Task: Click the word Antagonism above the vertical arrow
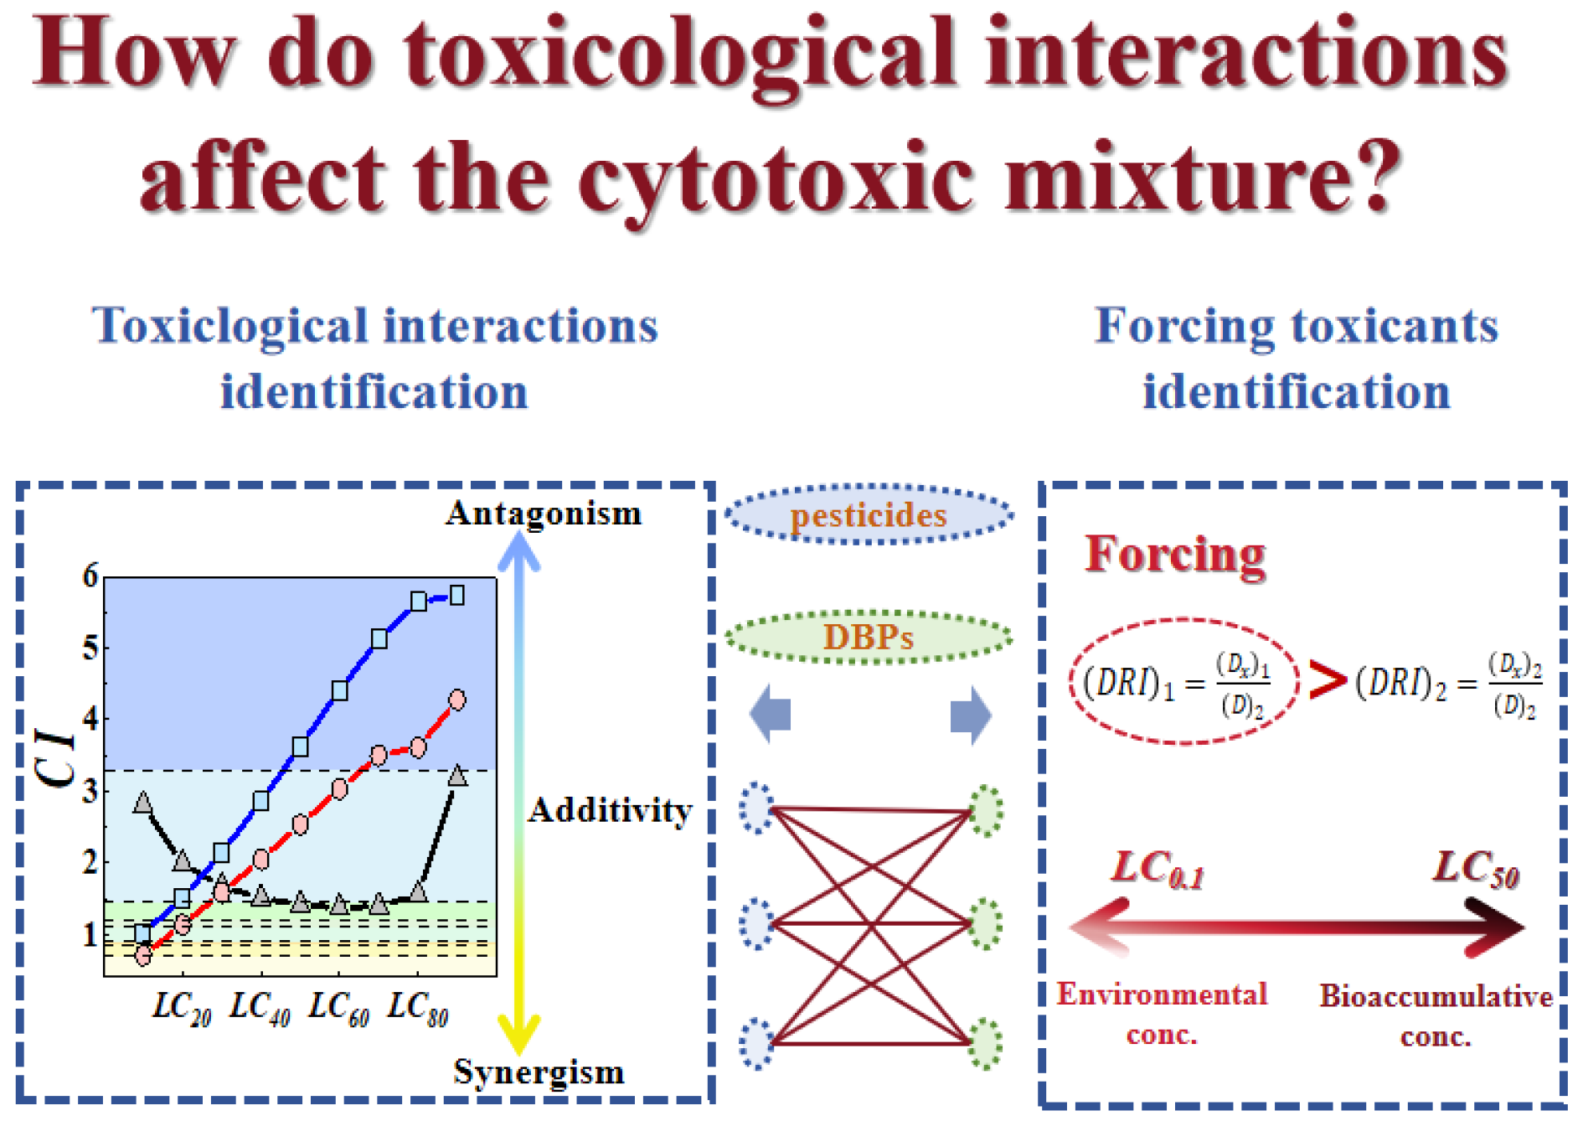544,513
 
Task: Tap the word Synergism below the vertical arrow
539,1072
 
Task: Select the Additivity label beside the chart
611,810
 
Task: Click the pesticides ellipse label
869,514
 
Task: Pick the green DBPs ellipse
869,637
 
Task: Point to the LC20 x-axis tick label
181,1008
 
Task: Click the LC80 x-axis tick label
417,1008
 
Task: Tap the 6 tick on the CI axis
90,576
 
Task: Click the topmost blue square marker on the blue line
457,596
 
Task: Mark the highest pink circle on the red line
457,700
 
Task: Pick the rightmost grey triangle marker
457,776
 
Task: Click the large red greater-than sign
1326,680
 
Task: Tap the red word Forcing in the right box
1175,555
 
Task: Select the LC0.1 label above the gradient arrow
1158,869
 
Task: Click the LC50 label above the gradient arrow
1476,869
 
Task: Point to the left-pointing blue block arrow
771,715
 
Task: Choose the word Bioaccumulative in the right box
1436,996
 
